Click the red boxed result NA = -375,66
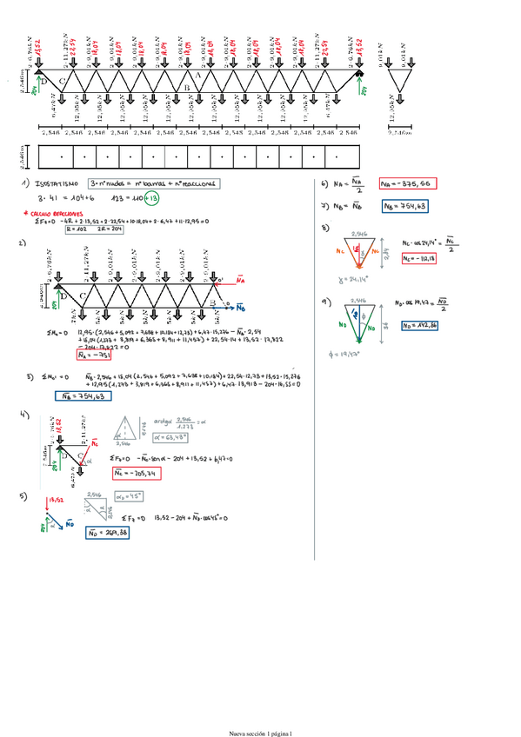(407, 184)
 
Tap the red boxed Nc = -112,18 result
(418, 260)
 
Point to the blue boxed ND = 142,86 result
(418, 325)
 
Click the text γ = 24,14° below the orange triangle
(337, 281)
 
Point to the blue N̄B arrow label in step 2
(241, 307)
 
